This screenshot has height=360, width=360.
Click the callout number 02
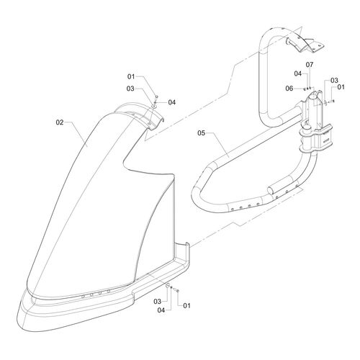pyautogui.click(x=60, y=122)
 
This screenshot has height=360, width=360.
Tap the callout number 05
pyautogui.click(x=202, y=132)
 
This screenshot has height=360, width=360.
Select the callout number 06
pyautogui.click(x=289, y=89)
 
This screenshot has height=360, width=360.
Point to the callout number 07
pyautogui.click(x=310, y=65)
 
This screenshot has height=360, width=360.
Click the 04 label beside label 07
pyautogui.click(x=298, y=73)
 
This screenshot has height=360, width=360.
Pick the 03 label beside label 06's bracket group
pyautogui.click(x=334, y=81)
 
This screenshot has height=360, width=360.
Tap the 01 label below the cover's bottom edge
pyautogui.click(x=186, y=305)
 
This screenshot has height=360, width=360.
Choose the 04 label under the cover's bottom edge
pyautogui.click(x=161, y=310)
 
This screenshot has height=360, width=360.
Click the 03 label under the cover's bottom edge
pyautogui.click(x=157, y=301)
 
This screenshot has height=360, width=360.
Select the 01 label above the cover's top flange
pyautogui.click(x=131, y=76)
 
